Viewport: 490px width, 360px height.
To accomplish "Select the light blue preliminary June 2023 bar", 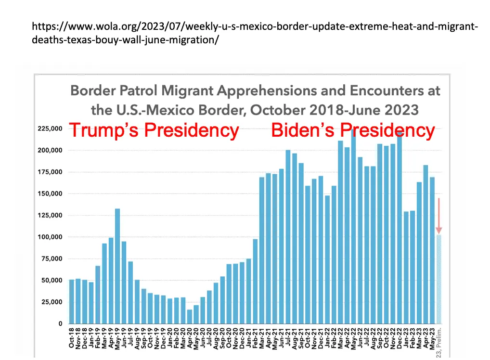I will pos(438,279).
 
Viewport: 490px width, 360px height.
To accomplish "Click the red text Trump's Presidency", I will pos(154,130).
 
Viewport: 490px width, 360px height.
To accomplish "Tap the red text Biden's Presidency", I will pos(353,130).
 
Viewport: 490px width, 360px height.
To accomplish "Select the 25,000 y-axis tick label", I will pos(51,302).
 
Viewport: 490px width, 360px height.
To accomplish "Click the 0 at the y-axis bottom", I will pos(60,323).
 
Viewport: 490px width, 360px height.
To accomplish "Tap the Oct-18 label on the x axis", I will pos(72,339).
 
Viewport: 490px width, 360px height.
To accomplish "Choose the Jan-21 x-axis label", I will pos(249,339).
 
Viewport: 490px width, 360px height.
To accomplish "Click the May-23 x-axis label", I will pos(432,339).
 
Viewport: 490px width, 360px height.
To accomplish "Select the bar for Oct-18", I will pos(72,301).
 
